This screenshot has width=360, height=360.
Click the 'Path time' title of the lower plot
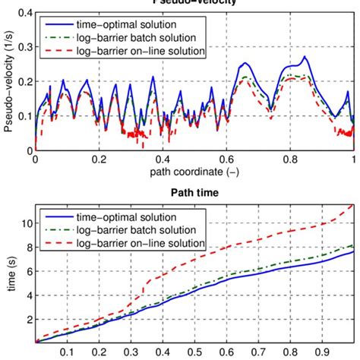[194, 193]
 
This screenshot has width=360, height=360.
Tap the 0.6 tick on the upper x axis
[226, 160]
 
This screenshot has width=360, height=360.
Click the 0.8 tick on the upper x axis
[290, 160]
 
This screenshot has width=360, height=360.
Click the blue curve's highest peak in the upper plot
[305, 57]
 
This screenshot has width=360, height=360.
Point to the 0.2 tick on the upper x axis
[99, 160]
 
